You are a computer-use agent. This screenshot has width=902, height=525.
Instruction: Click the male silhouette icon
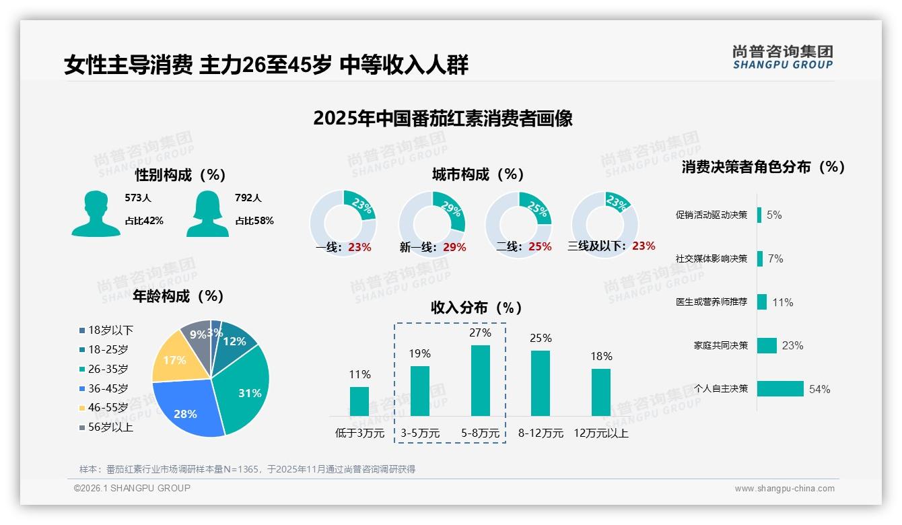96,213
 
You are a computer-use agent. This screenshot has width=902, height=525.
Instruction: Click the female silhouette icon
207,213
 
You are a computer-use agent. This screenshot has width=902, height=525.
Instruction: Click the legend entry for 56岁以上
110,427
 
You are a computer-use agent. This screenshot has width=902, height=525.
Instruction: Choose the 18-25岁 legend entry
108,349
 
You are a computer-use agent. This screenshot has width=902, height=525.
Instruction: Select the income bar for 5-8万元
480,380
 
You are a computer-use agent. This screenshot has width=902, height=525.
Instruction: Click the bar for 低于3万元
359,401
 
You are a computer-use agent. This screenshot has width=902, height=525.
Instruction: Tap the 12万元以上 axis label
600,433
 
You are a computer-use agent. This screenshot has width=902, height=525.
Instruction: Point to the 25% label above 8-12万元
541,338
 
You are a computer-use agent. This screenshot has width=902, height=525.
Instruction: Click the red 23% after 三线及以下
644,246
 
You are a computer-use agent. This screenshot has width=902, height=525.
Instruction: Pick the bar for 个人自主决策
780,389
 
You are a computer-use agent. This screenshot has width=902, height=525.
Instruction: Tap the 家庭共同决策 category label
720,345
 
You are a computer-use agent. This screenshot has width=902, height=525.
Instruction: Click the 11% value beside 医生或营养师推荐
782,302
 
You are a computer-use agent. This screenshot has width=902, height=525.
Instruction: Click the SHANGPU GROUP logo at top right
783,57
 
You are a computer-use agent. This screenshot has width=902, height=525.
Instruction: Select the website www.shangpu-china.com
784,489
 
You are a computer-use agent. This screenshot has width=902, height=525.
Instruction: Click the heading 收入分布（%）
477,308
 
